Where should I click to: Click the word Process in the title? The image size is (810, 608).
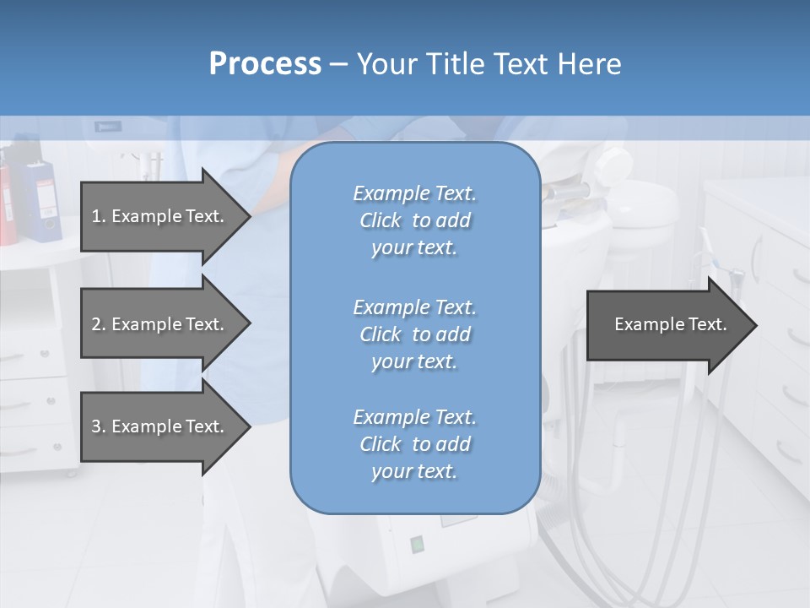click(x=265, y=64)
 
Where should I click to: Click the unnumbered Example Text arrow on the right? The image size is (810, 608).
click(x=671, y=325)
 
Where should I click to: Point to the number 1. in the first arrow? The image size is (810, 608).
click(x=99, y=216)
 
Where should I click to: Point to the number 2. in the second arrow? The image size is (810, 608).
click(x=99, y=324)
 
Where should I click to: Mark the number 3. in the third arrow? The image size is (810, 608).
click(x=99, y=426)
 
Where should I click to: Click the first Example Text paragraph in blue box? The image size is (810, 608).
click(x=414, y=220)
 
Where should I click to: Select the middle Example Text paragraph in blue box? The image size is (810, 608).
click(x=414, y=334)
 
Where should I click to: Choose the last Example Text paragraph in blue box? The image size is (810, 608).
click(x=414, y=444)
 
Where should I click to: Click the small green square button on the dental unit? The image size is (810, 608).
click(x=416, y=544)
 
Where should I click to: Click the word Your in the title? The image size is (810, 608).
click(x=386, y=64)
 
